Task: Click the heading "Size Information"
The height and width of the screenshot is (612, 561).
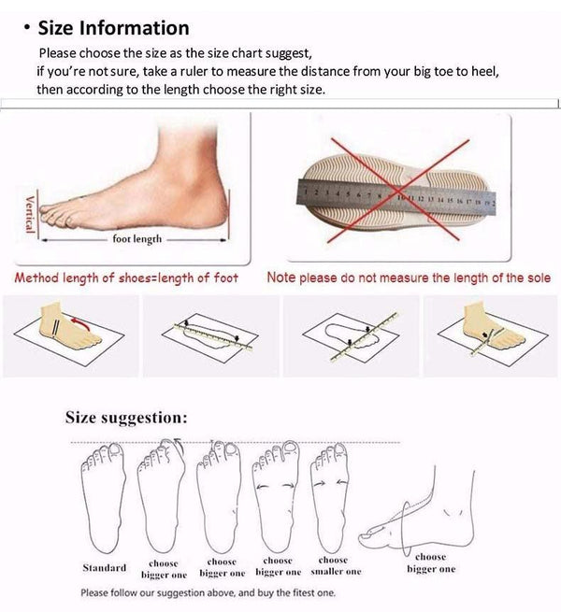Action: (x=112, y=28)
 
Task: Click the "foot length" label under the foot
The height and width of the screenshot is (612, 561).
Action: (x=137, y=239)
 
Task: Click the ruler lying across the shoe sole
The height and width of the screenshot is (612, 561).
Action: (x=393, y=195)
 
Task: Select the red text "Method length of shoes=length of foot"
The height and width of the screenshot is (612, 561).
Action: (x=125, y=278)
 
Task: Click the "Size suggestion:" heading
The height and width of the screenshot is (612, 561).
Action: (x=126, y=417)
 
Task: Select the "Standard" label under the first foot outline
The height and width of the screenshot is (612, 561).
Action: (x=104, y=567)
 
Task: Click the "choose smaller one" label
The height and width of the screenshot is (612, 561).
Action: (x=334, y=565)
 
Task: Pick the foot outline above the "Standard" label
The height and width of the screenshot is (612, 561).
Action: (x=103, y=495)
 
